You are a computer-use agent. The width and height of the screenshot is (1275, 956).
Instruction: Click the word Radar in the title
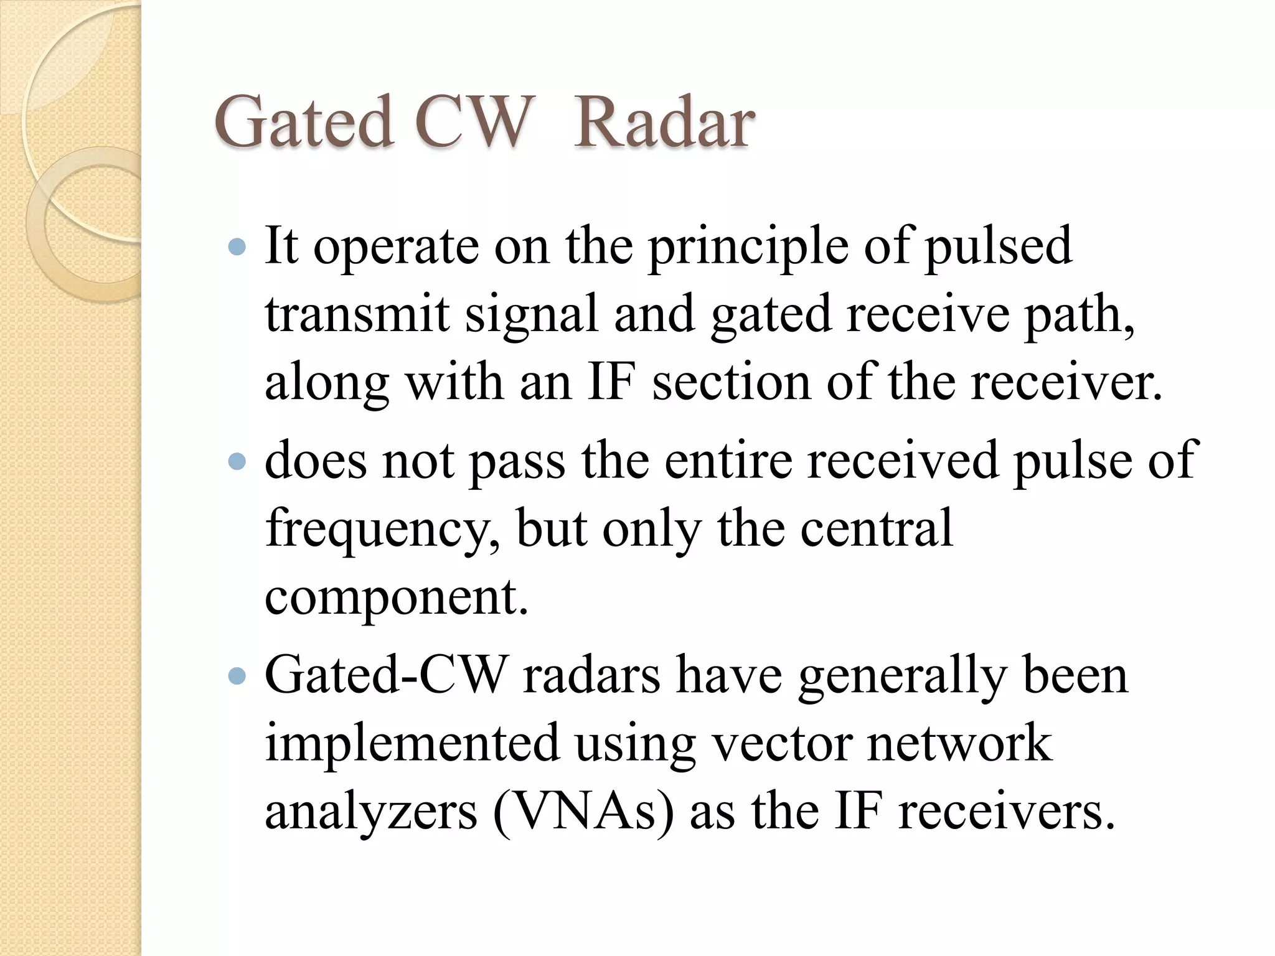664,123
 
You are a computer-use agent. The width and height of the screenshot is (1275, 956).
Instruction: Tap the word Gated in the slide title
303,123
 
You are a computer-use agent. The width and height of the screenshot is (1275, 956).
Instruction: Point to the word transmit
357,314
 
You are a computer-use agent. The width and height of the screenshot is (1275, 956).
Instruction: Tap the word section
731,382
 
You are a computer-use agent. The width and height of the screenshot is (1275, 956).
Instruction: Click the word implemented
412,743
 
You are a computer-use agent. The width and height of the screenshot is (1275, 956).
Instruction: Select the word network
959,743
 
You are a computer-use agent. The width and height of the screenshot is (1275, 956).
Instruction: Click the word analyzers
371,813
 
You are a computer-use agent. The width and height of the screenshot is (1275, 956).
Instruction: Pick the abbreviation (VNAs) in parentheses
583,812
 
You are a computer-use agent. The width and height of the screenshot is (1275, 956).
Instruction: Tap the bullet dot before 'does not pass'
237,461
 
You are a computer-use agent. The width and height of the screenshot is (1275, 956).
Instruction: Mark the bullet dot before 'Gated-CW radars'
237,677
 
